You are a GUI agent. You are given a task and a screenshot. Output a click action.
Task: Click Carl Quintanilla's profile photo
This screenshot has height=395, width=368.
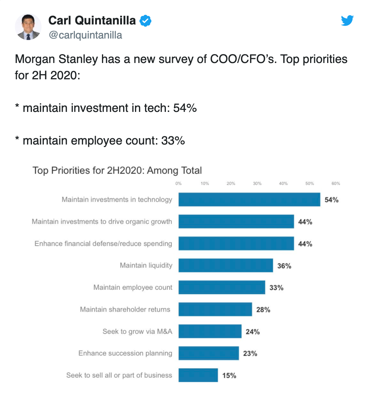tap(28, 27)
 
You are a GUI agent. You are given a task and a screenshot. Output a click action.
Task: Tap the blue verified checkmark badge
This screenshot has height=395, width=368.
tap(145, 21)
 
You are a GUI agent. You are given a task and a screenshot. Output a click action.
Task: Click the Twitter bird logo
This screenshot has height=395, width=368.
tap(347, 20)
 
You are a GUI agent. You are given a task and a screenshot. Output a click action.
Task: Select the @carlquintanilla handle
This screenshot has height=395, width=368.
tap(85, 35)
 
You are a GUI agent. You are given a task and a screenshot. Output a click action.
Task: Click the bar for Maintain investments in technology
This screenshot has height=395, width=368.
tap(249, 199)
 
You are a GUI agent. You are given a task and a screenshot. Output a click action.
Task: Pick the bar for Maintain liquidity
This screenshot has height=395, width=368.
tap(226, 265)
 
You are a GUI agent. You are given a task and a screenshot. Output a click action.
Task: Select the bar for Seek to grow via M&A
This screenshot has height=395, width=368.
tap(210, 331)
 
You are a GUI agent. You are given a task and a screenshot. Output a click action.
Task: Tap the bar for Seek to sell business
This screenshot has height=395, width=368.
tap(198, 375)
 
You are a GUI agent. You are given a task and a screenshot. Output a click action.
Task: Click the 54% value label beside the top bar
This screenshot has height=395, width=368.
tap(331, 200)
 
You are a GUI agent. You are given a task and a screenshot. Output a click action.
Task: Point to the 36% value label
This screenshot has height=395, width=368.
tap(284, 266)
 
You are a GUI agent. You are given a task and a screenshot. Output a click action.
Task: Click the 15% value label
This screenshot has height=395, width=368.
tap(229, 375)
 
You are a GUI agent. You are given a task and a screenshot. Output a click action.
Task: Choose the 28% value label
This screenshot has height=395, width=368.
tap(263, 309)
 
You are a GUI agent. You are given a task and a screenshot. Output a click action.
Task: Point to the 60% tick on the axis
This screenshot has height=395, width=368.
tap(336, 183)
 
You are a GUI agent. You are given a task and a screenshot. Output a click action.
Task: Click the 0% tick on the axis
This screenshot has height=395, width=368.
tap(178, 183)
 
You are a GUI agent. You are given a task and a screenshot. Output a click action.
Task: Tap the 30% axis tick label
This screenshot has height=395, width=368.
tap(257, 183)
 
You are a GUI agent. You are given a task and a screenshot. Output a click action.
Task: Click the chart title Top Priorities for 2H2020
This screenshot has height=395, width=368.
tap(117, 170)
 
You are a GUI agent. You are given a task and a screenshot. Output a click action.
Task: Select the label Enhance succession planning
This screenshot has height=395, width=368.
tap(125, 353)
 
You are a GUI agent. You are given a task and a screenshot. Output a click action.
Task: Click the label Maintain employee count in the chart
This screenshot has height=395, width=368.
tap(133, 287)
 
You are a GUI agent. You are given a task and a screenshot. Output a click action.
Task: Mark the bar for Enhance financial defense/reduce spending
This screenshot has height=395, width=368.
tap(236, 243)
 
